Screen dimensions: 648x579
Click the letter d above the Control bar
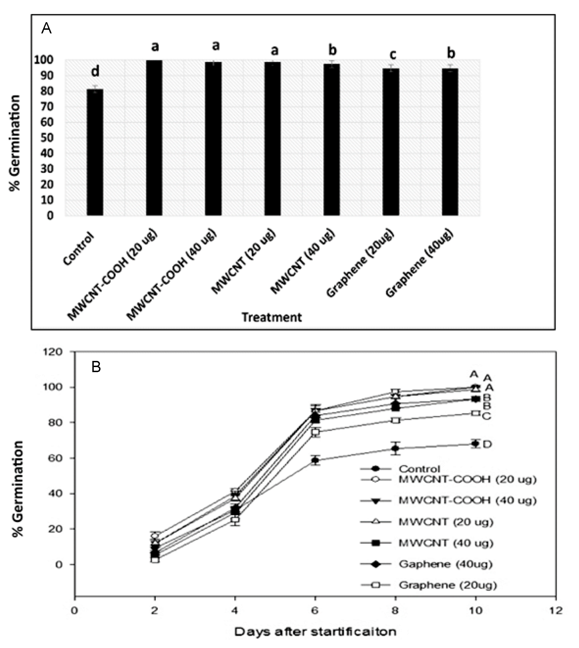pyautogui.click(x=95, y=71)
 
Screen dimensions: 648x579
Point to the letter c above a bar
pyautogui.click(x=393, y=54)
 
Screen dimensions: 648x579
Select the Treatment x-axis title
pyautogui.click(x=271, y=317)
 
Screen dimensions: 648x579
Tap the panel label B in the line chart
pyautogui.click(x=96, y=367)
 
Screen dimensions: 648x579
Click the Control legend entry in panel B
pyautogui.click(x=420, y=469)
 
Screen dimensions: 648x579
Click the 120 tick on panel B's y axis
pyautogui.click(x=55, y=352)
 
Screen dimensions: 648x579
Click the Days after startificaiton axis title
pyautogui.click(x=315, y=631)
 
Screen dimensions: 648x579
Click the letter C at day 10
pyautogui.click(x=487, y=416)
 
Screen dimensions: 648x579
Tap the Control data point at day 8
pyautogui.click(x=395, y=448)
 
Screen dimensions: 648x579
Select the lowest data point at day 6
pyautogui.click(x=315, y=460)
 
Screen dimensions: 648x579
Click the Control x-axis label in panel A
pyautogui.click(x=79, y=249)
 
